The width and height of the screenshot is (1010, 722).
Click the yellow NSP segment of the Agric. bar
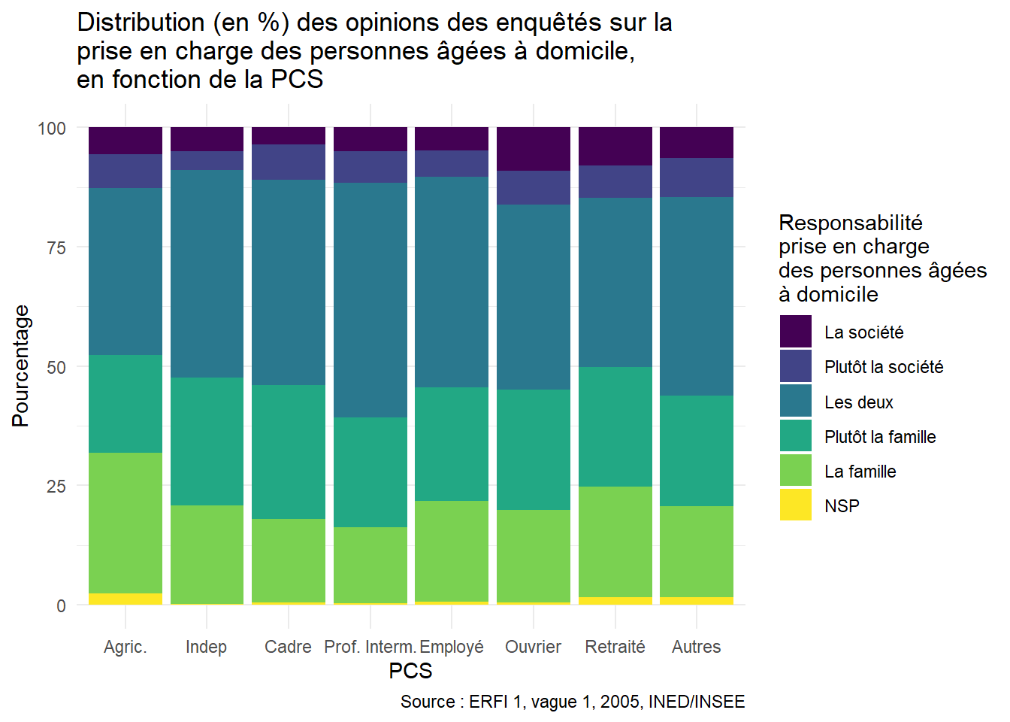pos(125,599)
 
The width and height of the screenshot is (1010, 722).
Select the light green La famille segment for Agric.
pos(125,523)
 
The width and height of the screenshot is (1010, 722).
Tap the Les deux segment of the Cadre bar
pos(289,282)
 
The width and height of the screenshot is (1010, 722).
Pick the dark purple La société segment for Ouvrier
pos(534,149)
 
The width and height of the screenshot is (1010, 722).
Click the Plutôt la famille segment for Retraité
pos(615,426)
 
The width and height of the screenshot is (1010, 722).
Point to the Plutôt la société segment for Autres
pos(697,177)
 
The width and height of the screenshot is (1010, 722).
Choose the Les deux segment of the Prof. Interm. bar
pos(370,300)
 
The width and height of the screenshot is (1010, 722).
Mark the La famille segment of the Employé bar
pos(452,551)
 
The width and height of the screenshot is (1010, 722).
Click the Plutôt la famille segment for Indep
pos(207,441)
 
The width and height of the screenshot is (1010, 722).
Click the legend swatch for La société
pos(796,332)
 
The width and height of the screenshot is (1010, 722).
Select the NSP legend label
pos(842,506)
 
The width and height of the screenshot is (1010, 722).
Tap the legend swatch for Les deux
pos(796,402)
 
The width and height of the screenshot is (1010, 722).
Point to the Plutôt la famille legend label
pos(880,437)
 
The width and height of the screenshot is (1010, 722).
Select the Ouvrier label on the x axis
pos(534,647)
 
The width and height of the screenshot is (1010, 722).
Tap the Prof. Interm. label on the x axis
pos(370,647)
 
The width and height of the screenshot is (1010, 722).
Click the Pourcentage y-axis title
pos(21,366)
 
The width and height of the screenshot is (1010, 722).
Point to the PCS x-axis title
pos(410,671)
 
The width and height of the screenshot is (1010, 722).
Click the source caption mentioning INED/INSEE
pos(573,702)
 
